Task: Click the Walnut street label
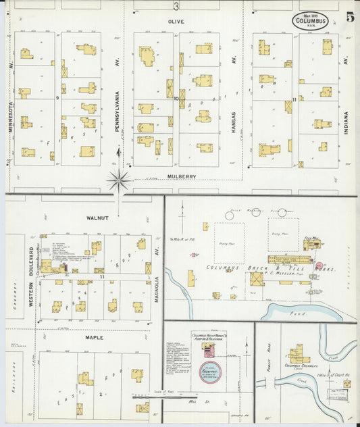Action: (97, 218)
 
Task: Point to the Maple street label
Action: (94, 336)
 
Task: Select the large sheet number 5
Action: (349, 18)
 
